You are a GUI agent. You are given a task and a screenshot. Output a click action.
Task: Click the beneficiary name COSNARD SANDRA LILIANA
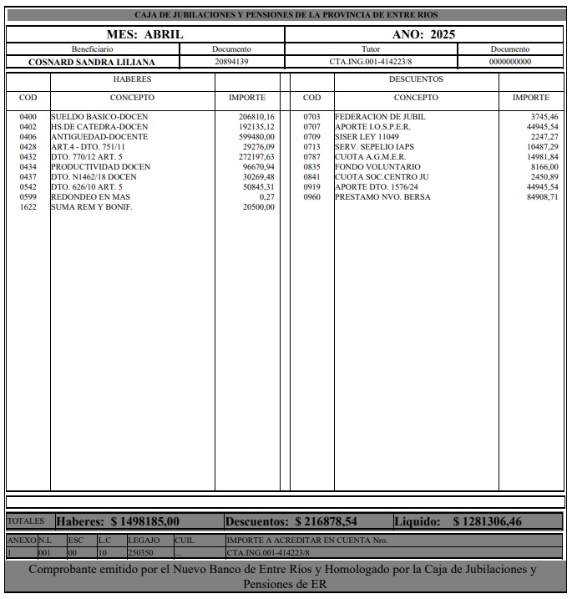(92, 62)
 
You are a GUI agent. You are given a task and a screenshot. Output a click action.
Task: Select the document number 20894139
(231, 62)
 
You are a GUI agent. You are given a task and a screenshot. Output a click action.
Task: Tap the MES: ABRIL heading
(144, 34)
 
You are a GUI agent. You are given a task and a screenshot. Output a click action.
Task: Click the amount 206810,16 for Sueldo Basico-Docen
(256, 117)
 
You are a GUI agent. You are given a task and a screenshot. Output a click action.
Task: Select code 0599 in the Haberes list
(28, 197)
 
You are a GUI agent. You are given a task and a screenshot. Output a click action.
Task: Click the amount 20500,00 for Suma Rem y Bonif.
(258, 207)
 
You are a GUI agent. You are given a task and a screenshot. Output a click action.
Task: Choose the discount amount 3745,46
(544, 117)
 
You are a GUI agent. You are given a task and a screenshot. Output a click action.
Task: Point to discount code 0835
(311, 167)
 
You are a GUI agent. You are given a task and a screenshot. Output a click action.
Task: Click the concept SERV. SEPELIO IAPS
(375, 147)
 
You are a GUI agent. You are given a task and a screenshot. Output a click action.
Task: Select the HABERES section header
(132, 79)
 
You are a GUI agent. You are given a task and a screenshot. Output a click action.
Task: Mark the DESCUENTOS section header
(416, 79)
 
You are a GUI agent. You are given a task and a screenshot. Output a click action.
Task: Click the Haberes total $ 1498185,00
(144, 521)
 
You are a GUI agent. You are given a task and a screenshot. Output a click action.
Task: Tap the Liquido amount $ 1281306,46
(487, 521)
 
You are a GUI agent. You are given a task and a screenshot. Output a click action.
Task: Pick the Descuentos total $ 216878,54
(326, 521)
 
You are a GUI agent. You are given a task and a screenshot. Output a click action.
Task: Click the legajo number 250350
(140, 552)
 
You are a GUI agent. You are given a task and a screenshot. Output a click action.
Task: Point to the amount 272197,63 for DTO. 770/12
(256, 157)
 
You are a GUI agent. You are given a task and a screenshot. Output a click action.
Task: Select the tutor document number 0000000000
(509, 62)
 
